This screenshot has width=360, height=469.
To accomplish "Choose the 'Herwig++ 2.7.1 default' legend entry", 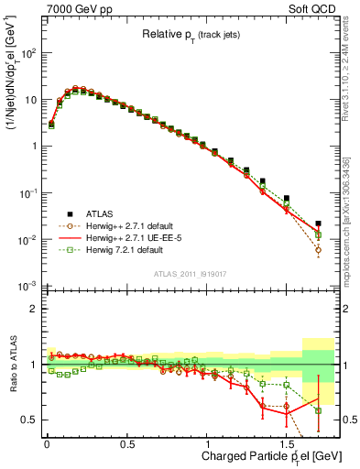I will point(131,225).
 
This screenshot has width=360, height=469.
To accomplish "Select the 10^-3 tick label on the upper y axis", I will point(27,287).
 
